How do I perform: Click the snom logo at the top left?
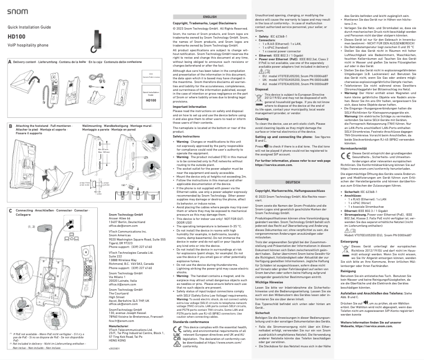tap(19, 11)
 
